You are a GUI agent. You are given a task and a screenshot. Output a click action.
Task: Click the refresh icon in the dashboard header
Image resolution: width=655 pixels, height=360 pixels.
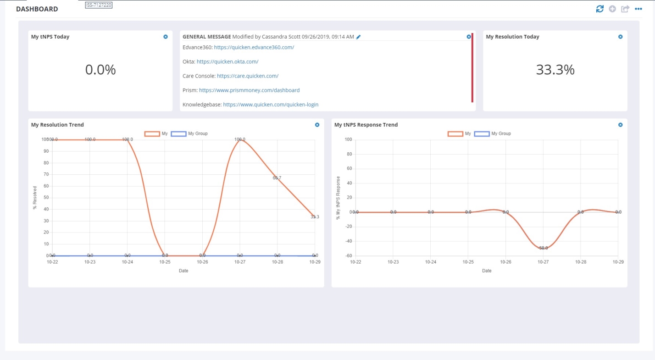pos(599,9)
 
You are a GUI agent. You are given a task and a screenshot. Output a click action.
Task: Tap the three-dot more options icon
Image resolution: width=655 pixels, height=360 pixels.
pos(638,9)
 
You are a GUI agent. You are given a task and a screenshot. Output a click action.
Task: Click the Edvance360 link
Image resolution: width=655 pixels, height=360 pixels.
pos(254,47)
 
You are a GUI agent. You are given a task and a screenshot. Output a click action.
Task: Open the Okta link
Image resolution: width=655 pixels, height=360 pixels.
pos(228,61)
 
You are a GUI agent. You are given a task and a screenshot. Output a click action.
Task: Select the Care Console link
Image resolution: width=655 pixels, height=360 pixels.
pos(248,76)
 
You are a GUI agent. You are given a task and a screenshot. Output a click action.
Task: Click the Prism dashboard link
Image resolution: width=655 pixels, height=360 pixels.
pos(249,90)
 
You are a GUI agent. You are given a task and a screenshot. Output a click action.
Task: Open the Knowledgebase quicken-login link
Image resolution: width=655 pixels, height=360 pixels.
pos(271,105)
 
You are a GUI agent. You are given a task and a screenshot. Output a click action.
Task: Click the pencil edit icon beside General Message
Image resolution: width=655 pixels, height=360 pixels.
pos(359,37)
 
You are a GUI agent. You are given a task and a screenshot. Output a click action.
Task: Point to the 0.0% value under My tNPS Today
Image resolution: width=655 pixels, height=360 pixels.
pos(100,70)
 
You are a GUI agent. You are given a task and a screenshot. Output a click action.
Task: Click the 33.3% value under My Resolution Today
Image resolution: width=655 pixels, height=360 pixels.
pos(555,70)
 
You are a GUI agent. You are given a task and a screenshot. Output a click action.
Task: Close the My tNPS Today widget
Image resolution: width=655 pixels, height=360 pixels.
pos(166,37)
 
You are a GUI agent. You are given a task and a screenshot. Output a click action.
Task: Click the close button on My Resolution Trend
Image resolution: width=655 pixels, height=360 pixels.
pos(317,125)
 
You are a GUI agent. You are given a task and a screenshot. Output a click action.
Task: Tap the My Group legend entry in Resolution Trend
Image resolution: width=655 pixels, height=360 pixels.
pos(189,133)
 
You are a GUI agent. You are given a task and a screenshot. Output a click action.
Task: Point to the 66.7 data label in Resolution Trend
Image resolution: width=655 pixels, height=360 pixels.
pos(277,177)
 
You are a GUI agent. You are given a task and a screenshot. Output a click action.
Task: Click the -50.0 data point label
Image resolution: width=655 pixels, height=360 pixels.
pos(543,248)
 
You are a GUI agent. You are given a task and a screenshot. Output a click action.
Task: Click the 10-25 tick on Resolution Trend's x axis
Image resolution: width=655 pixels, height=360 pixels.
pos(165,262)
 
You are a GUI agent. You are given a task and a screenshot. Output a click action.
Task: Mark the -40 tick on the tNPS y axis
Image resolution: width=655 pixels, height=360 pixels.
pos(348,241)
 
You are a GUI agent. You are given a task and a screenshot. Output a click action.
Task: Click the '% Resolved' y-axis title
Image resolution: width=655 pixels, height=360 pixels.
pos(35,197)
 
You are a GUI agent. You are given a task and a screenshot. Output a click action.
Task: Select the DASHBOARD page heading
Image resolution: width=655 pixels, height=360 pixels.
pos(37,9)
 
